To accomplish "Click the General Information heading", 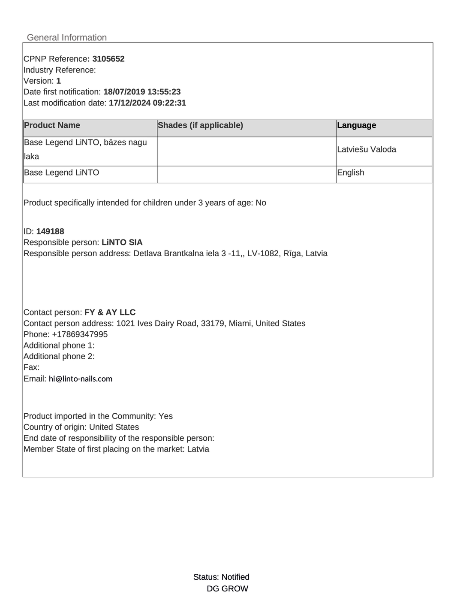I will pyautogui.click(x=67, y=37).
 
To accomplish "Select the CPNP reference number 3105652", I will pyautogui.click(x=108, y=59).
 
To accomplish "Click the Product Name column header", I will pyautogui.click(x=52, y=125).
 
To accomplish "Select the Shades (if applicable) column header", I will pyautogui.click(x=200, y=125).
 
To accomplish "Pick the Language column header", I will pyautogui.click(x=357, y=125).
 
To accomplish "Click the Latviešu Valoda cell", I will pyautogui.click(x=367, y=150).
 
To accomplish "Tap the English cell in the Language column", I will pyautogui.click(x=351, y=173).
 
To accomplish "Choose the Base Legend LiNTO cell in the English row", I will pyautogui.click(x=61, y=173).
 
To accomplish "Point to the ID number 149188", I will pyautogui.click(x=50, y=231).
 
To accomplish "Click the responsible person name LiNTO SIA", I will pyautogui.click(x=122, y=242).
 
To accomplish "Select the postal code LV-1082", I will pyautogui.click(x=262, y=254).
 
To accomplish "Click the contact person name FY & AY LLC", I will pyautogui.click(x=110, y=312).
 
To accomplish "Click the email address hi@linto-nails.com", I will pyautogui.click(x=81, y=379).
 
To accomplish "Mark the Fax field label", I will pyautogui.click(x=31, y=367).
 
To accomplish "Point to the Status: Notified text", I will pyautogui.click(x=221, y=577).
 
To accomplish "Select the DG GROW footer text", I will pyautogui.click(x=227, y=589).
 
